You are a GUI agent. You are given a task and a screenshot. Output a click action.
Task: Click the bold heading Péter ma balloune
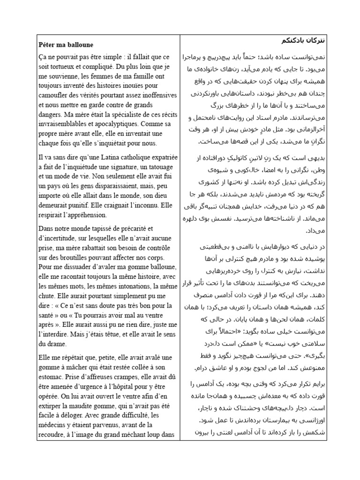(66, 45)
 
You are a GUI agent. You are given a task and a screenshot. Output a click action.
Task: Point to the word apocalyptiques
(118, 124)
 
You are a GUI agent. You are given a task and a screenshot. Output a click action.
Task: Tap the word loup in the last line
(153, 434)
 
